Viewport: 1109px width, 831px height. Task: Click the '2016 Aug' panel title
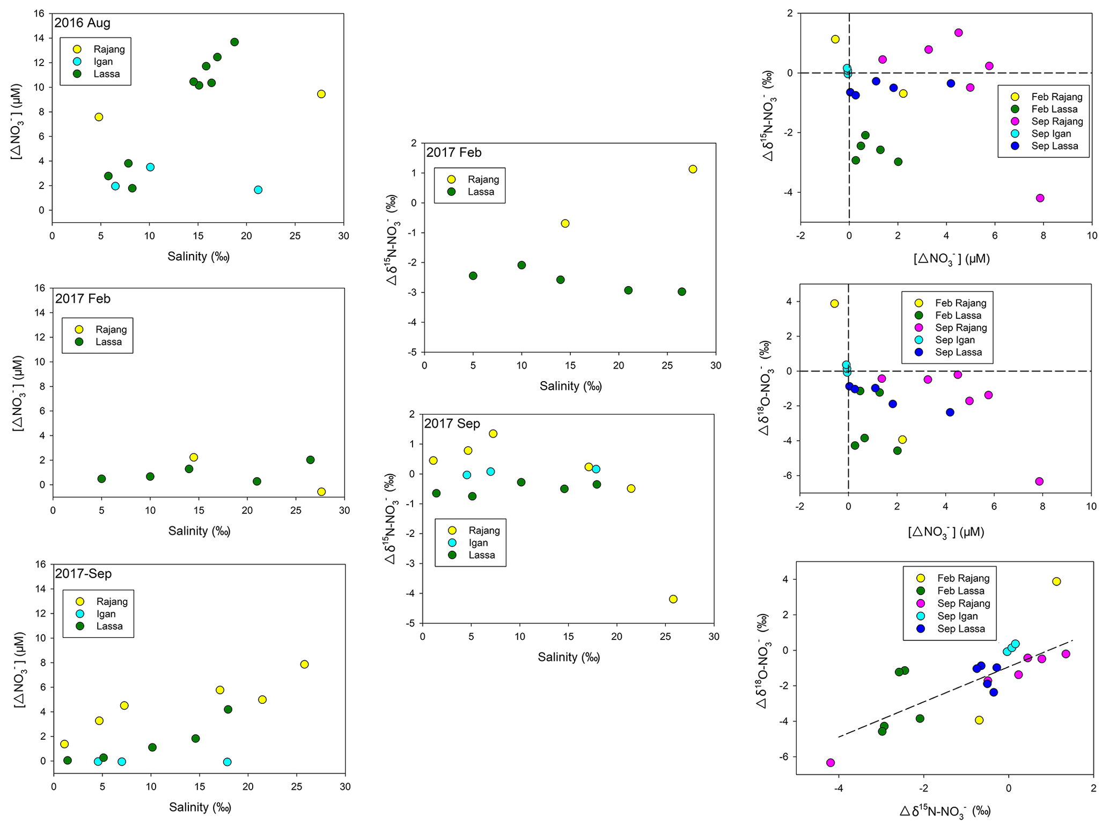tap(82, 23)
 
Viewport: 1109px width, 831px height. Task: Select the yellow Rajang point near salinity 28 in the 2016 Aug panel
tap(321, 94)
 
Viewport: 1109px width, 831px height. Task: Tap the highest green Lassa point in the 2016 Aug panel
tap(234, 42)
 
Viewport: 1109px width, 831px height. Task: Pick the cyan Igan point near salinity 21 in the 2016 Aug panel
tap(258, 189)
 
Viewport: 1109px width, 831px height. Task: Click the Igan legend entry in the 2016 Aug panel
tap(103, 62)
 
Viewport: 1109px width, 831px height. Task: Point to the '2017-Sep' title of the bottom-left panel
tap(83, 574)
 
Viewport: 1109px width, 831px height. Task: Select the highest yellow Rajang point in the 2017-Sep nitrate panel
tap(304, 664)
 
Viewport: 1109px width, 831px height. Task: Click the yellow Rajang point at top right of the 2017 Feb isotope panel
tap(693, 169)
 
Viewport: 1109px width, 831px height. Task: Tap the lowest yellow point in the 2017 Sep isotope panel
tap(673, 599)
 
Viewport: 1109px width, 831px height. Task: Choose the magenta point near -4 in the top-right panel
tap(1040, 198)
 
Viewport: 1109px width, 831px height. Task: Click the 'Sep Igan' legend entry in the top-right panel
tap(1051, 134)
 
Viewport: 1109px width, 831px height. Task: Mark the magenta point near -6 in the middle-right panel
tap(1039, 482)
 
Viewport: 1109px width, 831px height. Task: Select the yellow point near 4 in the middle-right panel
tap(834, 304)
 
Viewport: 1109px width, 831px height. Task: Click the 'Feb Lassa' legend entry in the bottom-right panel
tap(960, 591)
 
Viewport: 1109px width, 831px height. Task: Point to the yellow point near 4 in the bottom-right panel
tap(1056, 581)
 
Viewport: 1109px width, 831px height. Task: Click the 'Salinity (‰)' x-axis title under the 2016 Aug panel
tap(198, 257)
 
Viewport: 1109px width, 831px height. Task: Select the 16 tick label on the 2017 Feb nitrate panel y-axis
tap(40, 288)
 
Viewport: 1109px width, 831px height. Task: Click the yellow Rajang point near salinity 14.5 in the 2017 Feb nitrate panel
tap(194, 457)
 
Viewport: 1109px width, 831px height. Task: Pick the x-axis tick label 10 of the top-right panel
tap(1091, 236)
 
